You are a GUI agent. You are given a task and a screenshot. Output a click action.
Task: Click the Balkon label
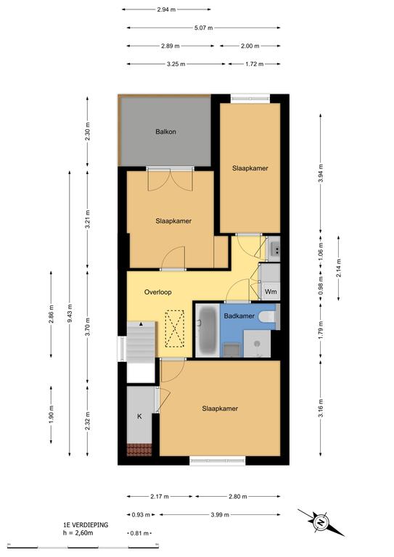[x=165, y=132]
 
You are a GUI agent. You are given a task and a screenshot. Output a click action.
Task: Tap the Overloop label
[x=157, y=292]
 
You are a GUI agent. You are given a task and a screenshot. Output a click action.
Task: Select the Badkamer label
[x=239, y=315]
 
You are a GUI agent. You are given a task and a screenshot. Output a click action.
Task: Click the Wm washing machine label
[x=271, y=292]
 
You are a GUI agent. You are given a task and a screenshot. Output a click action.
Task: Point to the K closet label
[x=139, y=416]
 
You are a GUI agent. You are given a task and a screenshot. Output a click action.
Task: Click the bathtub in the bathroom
[x=207, y=331]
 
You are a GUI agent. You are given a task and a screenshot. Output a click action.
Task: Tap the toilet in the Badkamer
[x=269, y=316]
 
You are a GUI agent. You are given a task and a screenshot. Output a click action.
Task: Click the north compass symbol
[x=321, y=522]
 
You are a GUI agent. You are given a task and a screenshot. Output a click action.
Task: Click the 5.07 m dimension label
[x=204, y=28]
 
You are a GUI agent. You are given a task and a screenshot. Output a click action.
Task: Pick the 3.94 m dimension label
[x=321, y=173]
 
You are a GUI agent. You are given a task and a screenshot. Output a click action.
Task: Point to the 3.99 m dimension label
[x=220, y=514]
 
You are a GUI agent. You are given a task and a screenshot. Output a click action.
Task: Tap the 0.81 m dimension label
[x=139, y=533]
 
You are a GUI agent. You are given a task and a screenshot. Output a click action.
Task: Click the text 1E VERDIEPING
[x=86, y=524]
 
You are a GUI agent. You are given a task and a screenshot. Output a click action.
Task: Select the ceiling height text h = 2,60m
[x=78, y=532]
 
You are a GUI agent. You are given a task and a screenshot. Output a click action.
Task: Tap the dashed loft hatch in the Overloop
[x=174, y=329]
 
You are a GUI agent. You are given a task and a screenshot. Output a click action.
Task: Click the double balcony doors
[x=171, y=179]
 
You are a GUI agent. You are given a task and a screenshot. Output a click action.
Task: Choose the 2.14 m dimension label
[x=338, y=268]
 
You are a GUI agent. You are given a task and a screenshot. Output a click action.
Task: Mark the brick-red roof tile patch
[x=139, y=450]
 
